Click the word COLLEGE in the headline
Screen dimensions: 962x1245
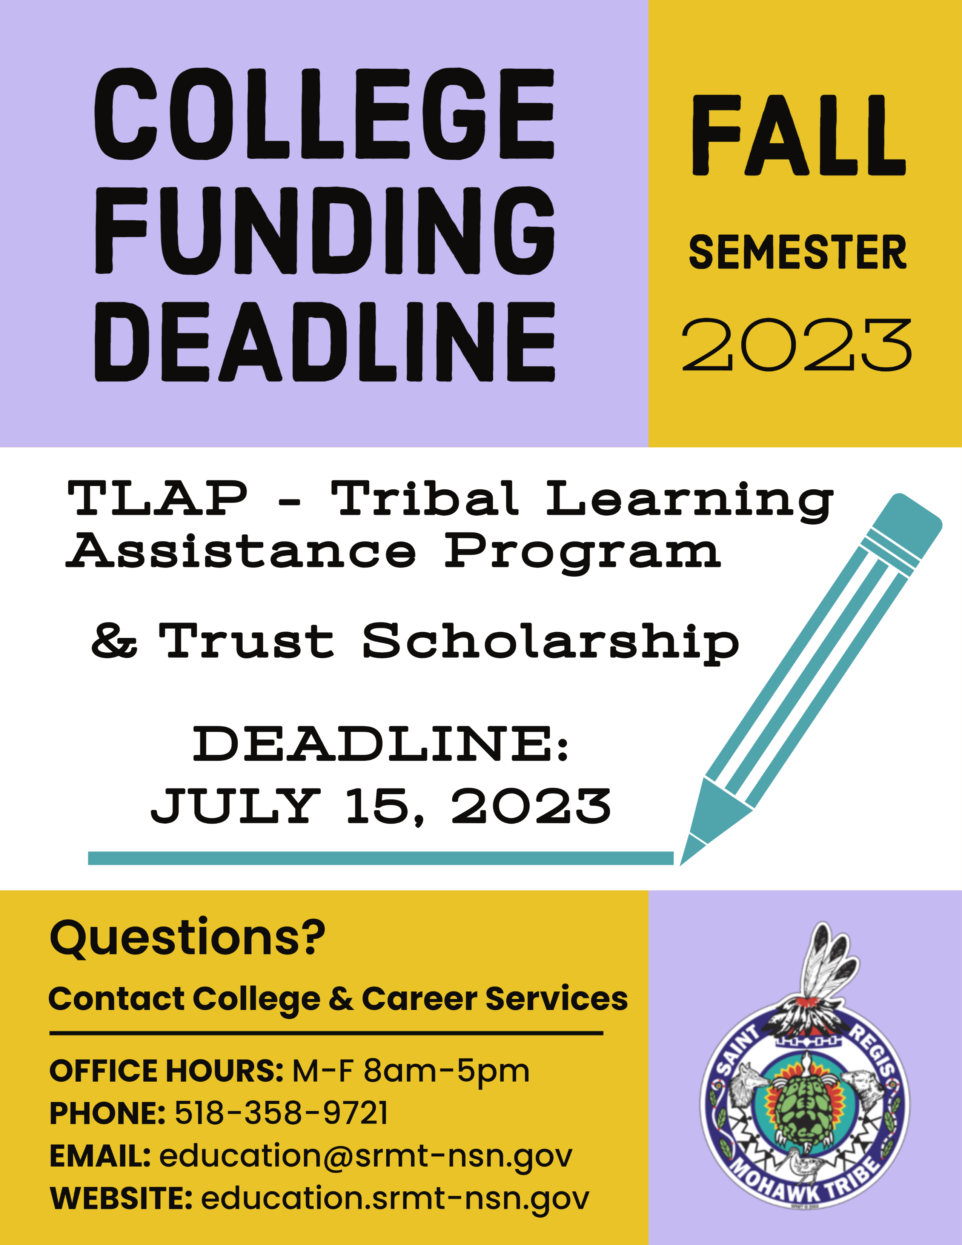324,114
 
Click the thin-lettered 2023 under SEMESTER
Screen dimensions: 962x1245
797,345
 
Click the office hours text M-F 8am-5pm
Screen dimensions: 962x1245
411,1071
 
